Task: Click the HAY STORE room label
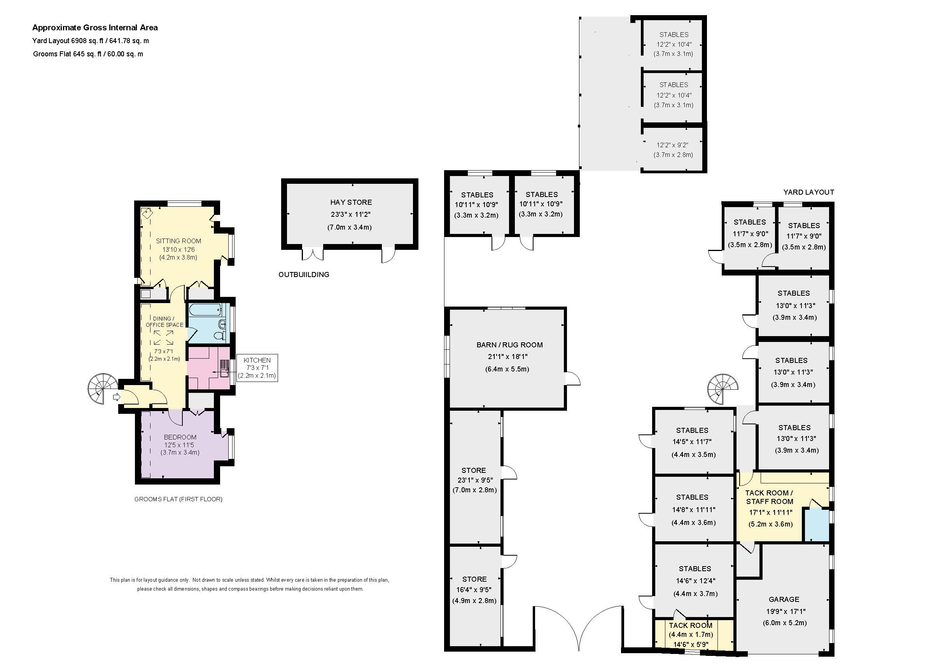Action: [x=351, y=202]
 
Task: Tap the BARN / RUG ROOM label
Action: [x=509, y=345]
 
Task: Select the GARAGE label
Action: [x=784, y=599]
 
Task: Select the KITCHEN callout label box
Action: [x=257, y=368]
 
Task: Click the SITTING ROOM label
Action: [x=178, y=241]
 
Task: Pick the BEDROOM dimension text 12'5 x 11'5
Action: [x=179, y=445]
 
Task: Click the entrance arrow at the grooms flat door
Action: [x=117, y=397]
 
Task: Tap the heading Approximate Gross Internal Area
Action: [x=95, y=28]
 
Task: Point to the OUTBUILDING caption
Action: [x=304, y=275]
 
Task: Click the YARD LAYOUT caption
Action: [x=808, y=192]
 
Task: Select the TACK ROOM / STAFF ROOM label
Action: [x=770, y=497]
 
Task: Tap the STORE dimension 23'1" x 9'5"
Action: [x=475, y=480]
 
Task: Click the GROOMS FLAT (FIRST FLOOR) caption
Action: [x=178, y=499]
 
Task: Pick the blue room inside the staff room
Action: [x=816, y=525]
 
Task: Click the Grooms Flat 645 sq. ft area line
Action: [x=88, y=54]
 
